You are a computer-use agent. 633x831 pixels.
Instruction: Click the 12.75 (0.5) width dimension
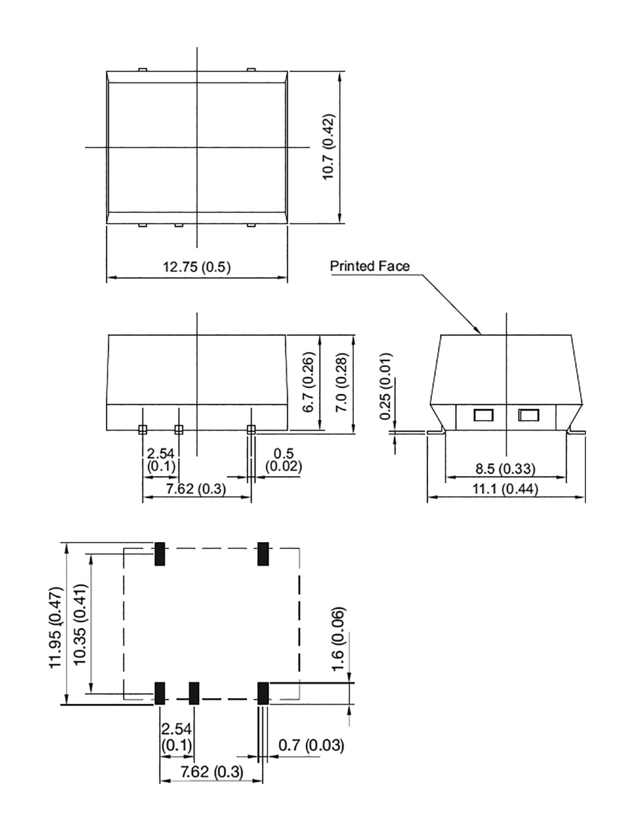(x=197, y=267)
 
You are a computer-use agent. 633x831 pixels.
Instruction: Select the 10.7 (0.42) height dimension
(x=329, y=147)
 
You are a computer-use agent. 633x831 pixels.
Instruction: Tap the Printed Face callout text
(x=370, y=266)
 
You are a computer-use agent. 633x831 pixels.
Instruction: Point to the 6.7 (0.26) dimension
(x=308, y=382)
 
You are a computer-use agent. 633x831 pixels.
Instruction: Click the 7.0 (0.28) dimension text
(x=340, y=382)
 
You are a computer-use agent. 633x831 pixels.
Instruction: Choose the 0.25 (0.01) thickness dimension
(x=385, y=387)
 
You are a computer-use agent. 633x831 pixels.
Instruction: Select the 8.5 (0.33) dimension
(x=505, y=469)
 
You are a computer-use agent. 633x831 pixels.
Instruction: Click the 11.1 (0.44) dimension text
(x=505, y=488)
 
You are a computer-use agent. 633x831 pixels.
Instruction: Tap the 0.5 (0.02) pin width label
(x=284, y=460)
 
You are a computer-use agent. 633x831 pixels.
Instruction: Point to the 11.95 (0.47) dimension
(x=56, y=627)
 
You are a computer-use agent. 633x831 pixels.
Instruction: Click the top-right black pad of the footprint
(x=263, y=554)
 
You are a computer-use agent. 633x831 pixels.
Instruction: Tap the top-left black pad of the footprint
(x=160, y=554)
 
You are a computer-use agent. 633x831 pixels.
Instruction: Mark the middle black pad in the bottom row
(x=194, y=693)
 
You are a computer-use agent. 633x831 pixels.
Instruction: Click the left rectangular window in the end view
(x=483, y=415)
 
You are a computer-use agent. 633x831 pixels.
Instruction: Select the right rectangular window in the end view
(x=528, y=415)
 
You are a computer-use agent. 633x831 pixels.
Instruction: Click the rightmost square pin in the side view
(x=251, y=429)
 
